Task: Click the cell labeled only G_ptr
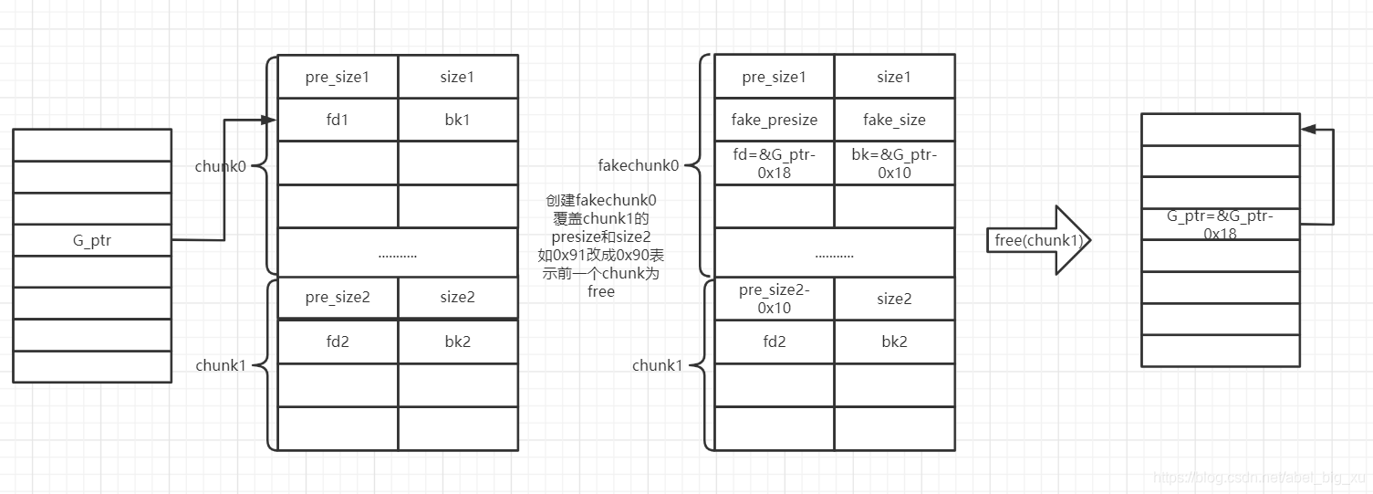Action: click(92, 240)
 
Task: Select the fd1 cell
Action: click(338, 120)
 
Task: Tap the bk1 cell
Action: click(458, 120)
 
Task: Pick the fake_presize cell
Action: click(775, 120)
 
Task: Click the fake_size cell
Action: click(894, 120)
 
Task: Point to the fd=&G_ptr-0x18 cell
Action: click(775, 163)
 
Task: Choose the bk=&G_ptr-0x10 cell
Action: click(894, 163)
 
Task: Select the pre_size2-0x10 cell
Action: click(775, 299)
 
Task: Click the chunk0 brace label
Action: click(220, 166)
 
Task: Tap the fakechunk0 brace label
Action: click(638, 165)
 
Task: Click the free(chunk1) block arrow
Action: click(1039, 240)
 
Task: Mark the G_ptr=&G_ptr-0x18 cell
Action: click(1221, 225)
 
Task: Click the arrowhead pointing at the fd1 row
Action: click(269, 120)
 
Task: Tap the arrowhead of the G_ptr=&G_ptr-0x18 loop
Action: click(1308, 130)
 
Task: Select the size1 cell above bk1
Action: click(458, 77)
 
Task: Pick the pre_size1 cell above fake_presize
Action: click(775, 77)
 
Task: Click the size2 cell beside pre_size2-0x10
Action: click(894, 299)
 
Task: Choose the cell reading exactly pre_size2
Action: click(338, 298)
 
